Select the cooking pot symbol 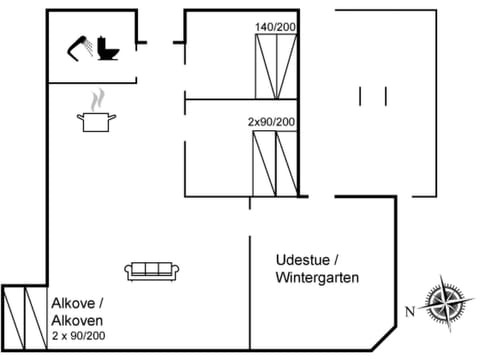(x=96, y=121)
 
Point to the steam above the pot (x=97, y=100)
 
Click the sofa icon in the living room (x=152, y=270)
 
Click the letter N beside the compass (x=409, y=311)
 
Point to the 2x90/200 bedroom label (x=272, y=121)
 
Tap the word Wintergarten (x=317, y=277)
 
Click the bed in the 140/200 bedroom (x=276, y=65)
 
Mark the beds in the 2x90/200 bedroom (x=275, y=162)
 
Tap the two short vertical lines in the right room (x=373, y=97)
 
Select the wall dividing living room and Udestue (x=249, y=290)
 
